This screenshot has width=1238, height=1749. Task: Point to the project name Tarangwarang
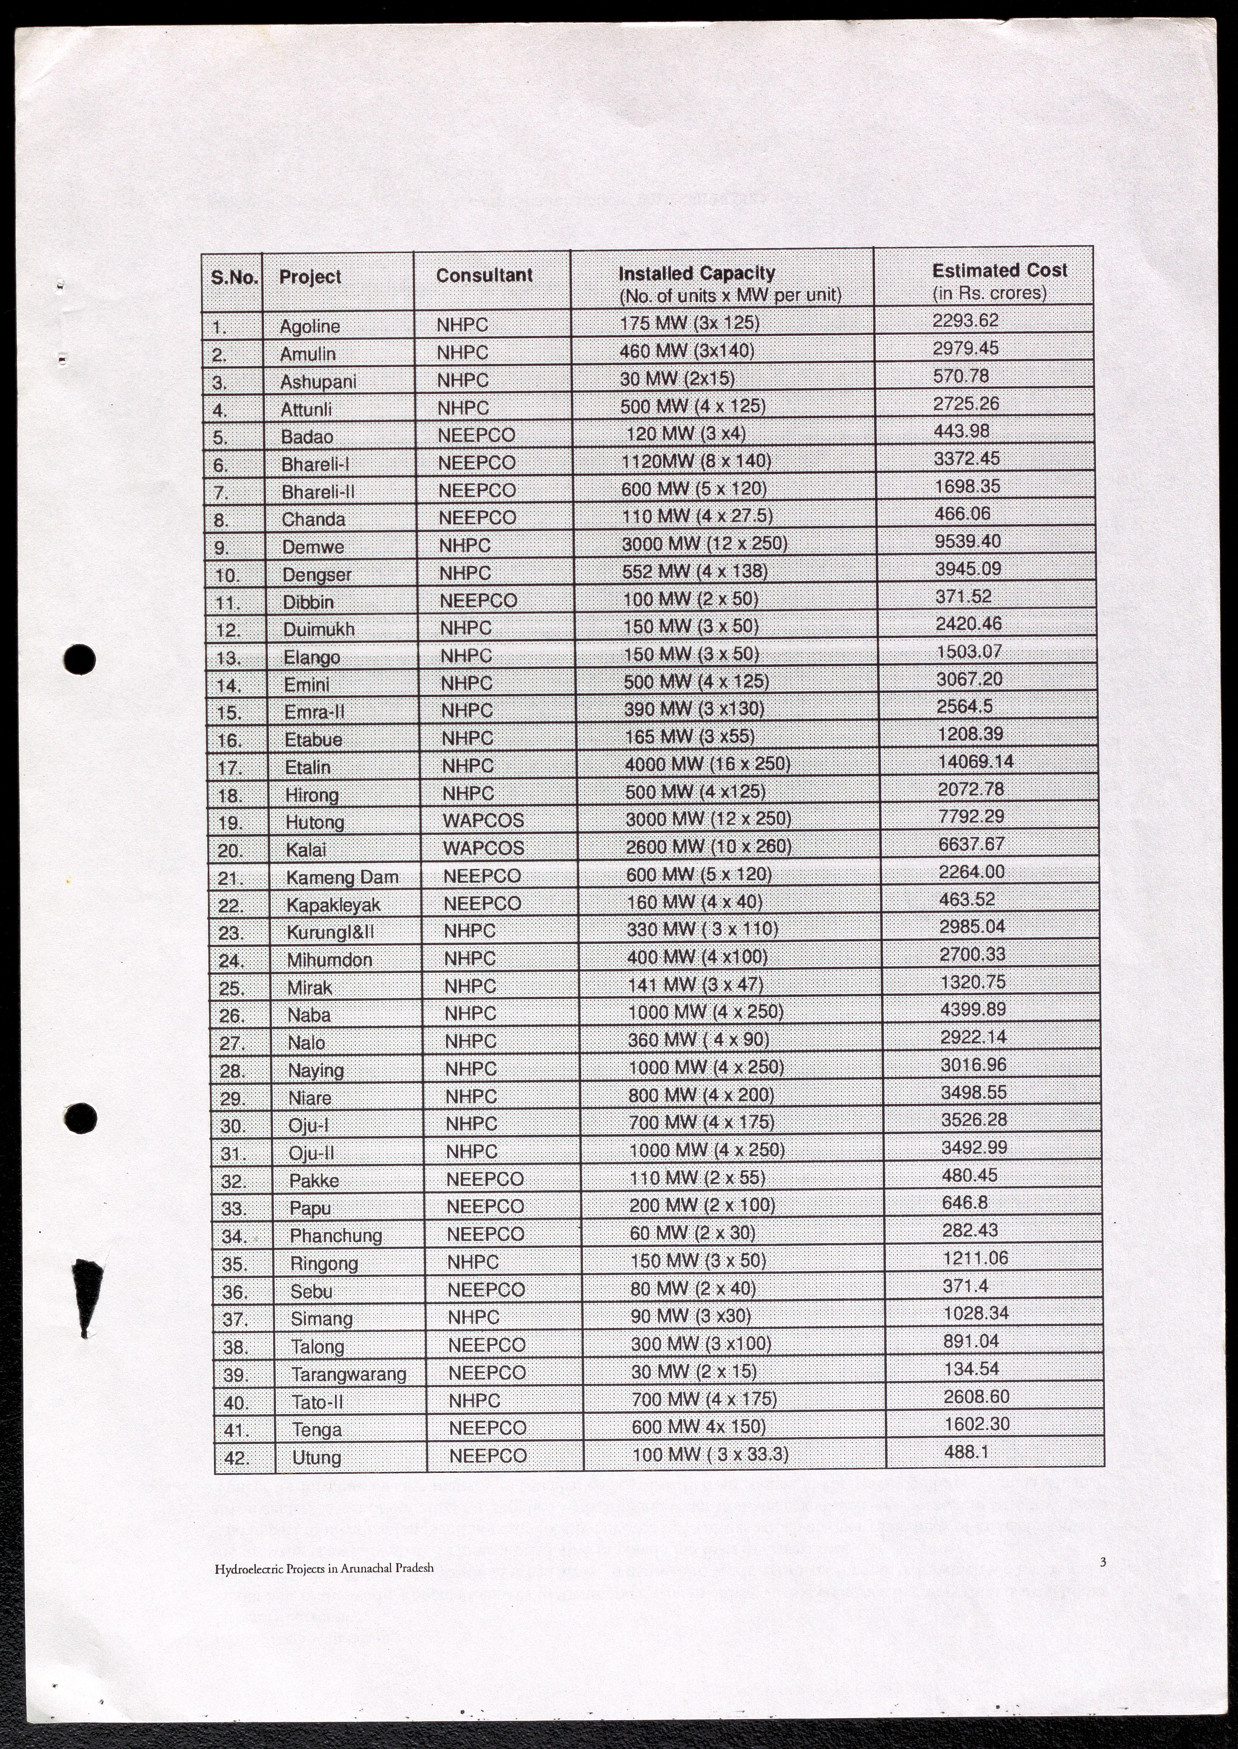coord(348,1374)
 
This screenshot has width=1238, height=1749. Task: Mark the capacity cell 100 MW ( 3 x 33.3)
coord(710,1454)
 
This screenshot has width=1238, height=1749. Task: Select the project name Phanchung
coord(335,1235)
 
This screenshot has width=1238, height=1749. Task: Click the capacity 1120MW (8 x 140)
coord(696,461)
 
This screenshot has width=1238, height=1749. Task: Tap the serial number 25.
coord(231,988)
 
